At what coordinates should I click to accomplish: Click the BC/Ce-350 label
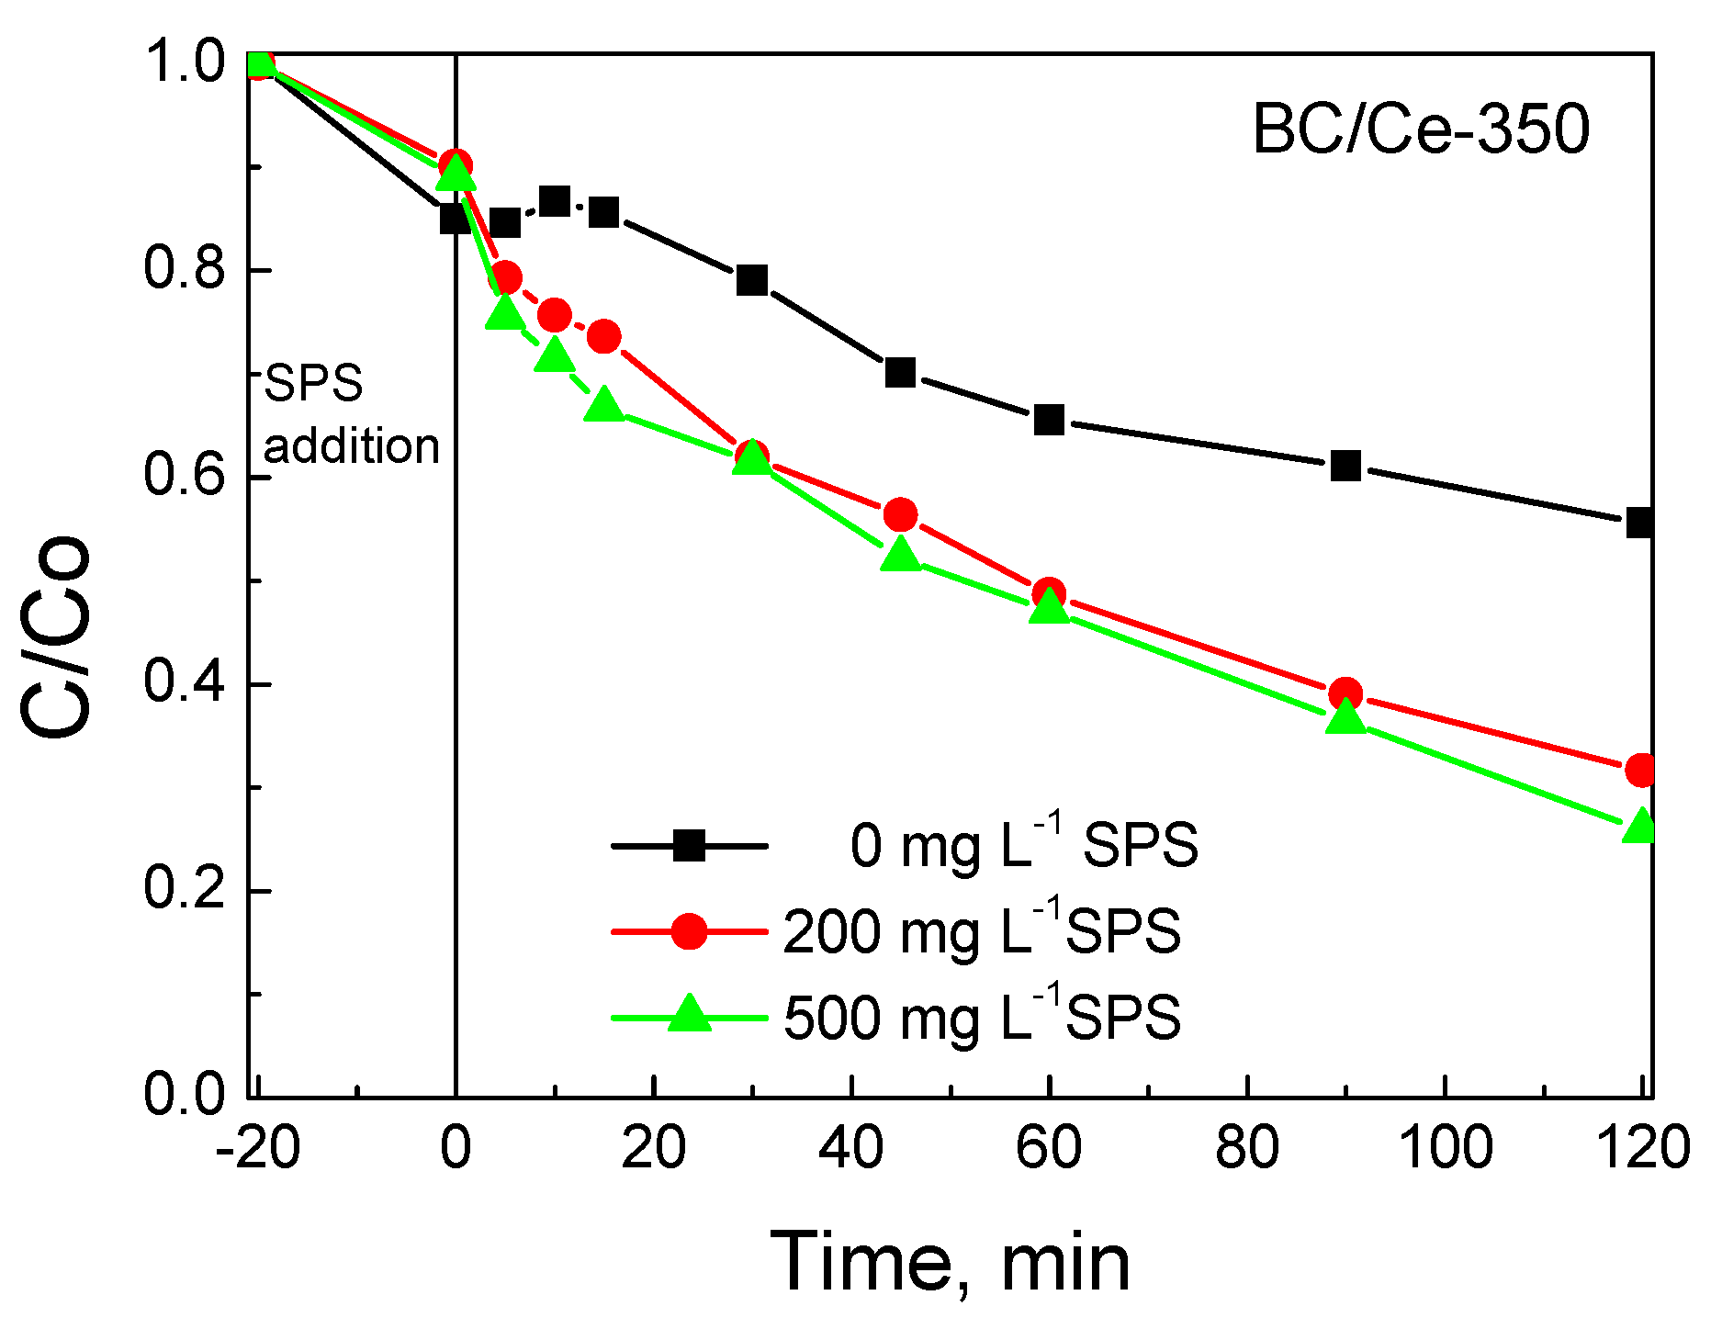tap(1420, 130)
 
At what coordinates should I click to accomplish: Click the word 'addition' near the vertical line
tap(352, 446)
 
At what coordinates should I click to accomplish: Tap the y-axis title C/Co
tap(57, 636)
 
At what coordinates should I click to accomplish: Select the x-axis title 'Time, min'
tap(950, 1263)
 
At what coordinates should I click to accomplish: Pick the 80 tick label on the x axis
tap(1247, 1148)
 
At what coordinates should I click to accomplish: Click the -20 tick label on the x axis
tap(258, 1148)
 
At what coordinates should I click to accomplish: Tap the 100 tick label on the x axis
tap(1445, 1148)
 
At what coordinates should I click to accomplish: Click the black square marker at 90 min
tap(1345, 466)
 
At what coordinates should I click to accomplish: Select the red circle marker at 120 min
tap(1641, 770)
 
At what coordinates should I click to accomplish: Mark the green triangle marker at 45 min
tap(900, 554)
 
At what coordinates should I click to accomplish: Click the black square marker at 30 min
tap(752, 280)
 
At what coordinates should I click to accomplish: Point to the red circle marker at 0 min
tap(456, 166)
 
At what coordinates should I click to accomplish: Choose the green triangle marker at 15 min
tap(603, 404)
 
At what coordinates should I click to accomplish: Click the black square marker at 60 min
tap(1049, 420)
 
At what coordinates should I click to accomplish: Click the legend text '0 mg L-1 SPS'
tap(1023, 845)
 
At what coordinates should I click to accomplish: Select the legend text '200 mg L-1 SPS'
tap(981, 931)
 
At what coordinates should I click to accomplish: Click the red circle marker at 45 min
tap(900, 515)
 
